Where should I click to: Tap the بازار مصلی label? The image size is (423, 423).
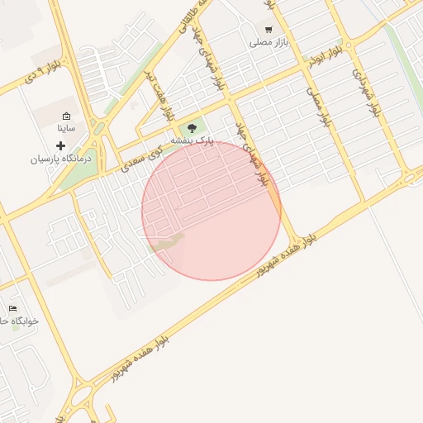pos(269,41)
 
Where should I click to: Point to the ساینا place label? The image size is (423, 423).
pos(66,129)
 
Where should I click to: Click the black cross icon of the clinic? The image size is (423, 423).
pos(60,145)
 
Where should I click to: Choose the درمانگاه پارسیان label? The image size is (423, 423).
pos(63,158)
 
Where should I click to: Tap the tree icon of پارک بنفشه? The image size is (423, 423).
pos(192,127)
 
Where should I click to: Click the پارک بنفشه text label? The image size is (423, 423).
pos(192,141)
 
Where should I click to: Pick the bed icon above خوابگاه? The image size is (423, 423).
pos(12,308)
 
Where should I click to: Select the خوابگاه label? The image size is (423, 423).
pos(15,321)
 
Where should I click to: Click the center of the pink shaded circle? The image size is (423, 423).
pos(211,211)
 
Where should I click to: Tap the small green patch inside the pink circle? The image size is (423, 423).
pos(168,244)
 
